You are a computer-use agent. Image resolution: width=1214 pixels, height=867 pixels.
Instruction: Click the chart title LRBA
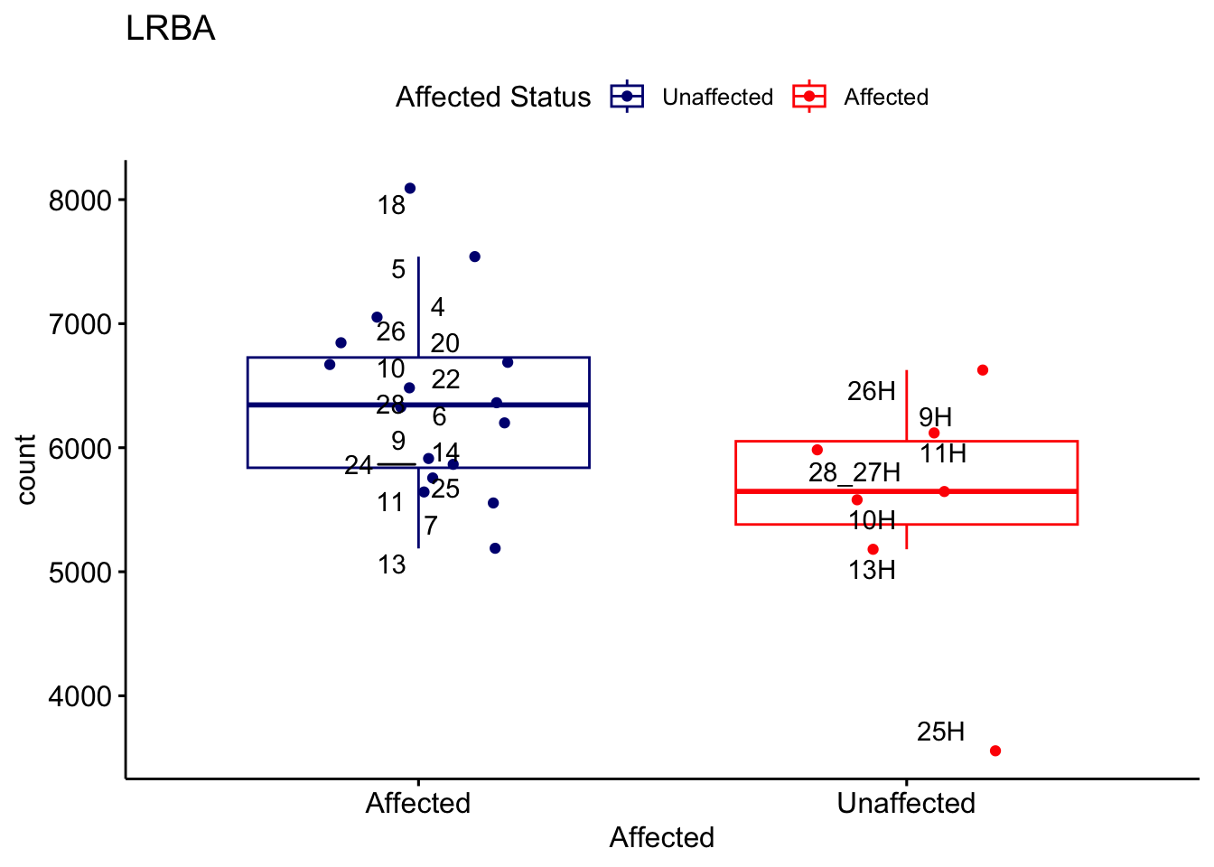[x=171, y=29]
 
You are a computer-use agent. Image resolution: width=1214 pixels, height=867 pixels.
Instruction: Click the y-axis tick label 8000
[x=79, y=200]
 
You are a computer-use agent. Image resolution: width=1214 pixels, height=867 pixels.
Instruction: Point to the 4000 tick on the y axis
[x=79, y=696]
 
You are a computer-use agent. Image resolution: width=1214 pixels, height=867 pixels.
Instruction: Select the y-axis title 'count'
[x=26, y=469]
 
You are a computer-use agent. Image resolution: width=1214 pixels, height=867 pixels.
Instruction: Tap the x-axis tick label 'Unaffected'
[x=906, y=803]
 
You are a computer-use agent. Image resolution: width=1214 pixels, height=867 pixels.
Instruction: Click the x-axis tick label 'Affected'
[x=417, y=803]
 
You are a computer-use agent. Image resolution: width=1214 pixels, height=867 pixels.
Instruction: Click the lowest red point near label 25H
[x=995, y=750]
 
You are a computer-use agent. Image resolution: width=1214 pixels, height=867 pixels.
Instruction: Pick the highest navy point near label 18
[x=410, y=188]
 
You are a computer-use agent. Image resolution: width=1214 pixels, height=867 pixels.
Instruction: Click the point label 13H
[x=872, y=570]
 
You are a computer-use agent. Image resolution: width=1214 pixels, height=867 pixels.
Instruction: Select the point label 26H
[x=871, y=391]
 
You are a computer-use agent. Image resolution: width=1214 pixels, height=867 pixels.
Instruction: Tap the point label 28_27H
[x=854, y=472]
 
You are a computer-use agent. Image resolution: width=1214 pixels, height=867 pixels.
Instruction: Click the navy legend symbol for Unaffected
[x=627, y=97]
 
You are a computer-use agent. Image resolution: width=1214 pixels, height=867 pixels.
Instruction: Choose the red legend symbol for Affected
[x=808, y=97]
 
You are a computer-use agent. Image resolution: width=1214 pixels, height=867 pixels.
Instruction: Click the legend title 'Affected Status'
[x=492, y=97]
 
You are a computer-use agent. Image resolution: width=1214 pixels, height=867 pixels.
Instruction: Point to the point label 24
[x=358, y=465]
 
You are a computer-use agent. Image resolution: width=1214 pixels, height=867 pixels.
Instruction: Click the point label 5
[x=398, y=269]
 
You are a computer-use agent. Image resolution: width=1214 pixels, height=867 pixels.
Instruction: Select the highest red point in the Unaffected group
[x=983, y=370]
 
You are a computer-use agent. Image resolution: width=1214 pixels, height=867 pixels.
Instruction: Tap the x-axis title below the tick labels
[x=661, y=837]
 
